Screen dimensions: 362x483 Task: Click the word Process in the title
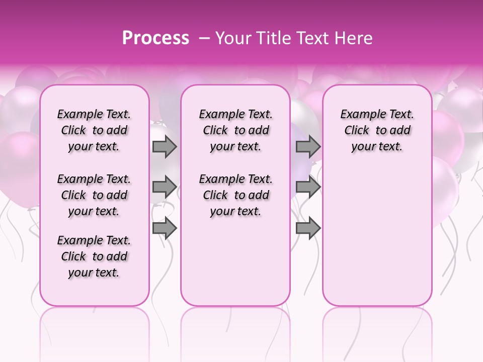click(x=155, y=38)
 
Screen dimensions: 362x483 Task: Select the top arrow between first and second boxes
click(x=165, y=147)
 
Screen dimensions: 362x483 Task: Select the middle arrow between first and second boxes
click(x=165, y=187)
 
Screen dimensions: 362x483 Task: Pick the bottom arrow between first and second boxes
click(x=165, y=228)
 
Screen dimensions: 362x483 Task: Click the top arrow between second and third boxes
click(x=308, y=147)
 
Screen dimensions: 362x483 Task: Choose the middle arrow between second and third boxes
click(x=308, y=187)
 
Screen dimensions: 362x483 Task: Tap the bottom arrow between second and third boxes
click(x=308, y=228)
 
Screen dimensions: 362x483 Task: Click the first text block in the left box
click(x=94, y=130)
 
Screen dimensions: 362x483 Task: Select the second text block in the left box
click(x=94, y=195)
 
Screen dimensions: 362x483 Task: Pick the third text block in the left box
click(x=94, y=256)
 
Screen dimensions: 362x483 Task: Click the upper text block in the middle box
click(x=235, y=130)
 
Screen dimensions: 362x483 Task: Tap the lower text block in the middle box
click(x=235, y=195)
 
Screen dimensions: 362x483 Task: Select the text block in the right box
click(x=377, y=130)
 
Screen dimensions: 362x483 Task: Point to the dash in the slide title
click(x=204, y=39)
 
